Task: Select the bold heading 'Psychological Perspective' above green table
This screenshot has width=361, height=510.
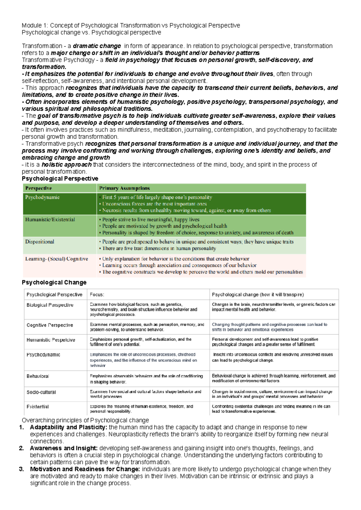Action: point(60,179)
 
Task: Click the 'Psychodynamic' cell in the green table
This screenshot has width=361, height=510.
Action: point(42,197)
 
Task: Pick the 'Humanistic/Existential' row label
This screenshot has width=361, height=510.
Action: point(50,219)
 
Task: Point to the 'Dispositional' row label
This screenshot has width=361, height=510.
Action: point(40,241)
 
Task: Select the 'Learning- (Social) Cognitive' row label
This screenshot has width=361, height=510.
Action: point(57,259)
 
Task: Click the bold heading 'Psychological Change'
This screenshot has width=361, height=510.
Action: point(54,282)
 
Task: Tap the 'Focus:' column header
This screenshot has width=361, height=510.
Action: point(97,294)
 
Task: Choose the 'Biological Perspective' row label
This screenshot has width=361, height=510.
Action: point(50,305)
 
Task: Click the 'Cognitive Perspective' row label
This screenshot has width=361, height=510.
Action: point(50,325)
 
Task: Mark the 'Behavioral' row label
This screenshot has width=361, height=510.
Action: point(38,376)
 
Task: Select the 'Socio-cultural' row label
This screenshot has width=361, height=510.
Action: point(41,392)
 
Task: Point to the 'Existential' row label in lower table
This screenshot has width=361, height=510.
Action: point(38,407)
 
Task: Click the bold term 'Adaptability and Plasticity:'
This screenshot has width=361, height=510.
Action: point(68,427)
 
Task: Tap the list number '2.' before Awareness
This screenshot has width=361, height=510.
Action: point(21,448)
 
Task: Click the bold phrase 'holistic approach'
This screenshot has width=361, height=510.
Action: point(66,165)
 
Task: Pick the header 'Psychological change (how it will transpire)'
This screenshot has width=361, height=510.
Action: point(258,294)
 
